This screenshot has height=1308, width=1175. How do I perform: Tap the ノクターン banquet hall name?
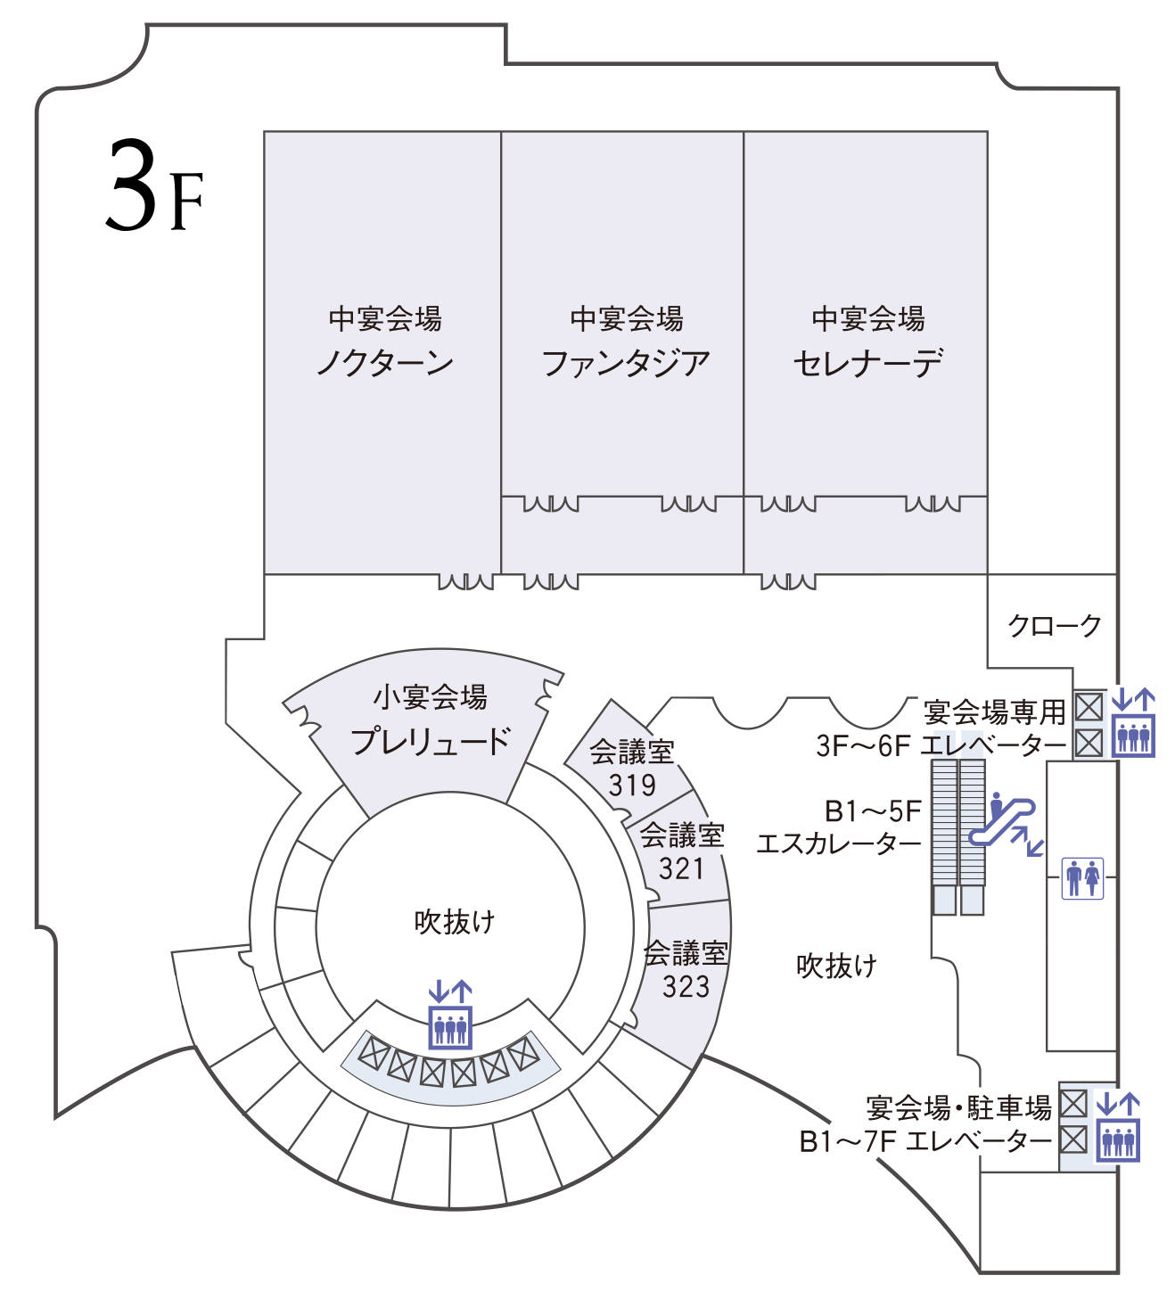[385, 363]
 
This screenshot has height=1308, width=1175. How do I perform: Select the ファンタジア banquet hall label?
[626, 363]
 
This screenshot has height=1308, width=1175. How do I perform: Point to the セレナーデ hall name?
[867, 363]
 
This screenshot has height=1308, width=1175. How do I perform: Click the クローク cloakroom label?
[1054, 626]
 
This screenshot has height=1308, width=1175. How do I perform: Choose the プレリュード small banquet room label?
[430, 741]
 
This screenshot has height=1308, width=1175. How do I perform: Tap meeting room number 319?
[632, 786]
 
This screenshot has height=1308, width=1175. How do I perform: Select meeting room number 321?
[682, 868]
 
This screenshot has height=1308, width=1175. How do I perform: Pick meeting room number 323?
[686, 986]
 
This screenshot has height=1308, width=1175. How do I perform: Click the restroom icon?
[1082, 878]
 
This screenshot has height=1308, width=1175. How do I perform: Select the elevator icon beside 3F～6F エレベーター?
[1133, 722]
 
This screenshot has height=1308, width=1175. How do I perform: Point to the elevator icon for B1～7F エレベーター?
[1117, 1127]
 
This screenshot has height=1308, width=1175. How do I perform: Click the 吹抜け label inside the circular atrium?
[454, 922]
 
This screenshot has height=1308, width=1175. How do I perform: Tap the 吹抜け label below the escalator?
[836, 965]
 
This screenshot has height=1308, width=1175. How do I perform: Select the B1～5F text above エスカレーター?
[873, 811]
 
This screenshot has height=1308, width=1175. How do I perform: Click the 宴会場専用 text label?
[995, 712]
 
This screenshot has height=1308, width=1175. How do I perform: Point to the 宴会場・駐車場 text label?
[958, 1107]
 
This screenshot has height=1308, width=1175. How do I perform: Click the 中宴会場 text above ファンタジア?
[626, 318]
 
